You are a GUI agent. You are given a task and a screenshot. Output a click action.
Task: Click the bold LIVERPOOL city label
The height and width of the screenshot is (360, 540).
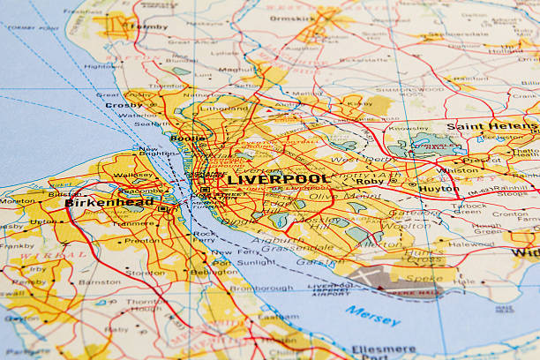(278, 179)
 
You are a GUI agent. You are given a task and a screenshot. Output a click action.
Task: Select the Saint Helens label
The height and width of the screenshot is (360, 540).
(491, 127)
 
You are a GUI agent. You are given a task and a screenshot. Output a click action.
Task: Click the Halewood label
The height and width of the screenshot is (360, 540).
(470, 244)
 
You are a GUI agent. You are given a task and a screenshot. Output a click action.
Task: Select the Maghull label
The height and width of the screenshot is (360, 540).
(236, 70)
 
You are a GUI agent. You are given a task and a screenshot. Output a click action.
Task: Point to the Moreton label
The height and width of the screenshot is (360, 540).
(18, 201)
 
